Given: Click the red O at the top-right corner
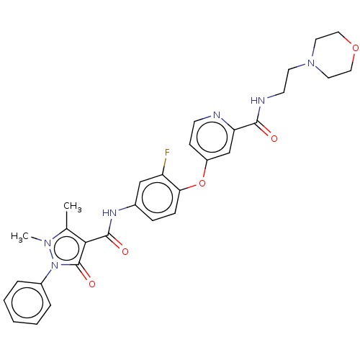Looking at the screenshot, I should pos(354,48).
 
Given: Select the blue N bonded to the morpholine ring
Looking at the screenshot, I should pos(311,63).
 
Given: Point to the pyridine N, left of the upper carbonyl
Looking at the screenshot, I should pos(217,114).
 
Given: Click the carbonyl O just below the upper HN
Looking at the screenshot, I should pos(274,137).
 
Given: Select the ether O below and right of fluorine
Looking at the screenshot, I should pos(202,184).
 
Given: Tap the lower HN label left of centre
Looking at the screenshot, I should pos(109,212).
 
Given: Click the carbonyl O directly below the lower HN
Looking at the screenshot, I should pos(125,251).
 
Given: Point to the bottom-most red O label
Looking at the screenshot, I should pos(91,284).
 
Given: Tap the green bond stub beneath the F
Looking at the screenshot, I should pos(166,163).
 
